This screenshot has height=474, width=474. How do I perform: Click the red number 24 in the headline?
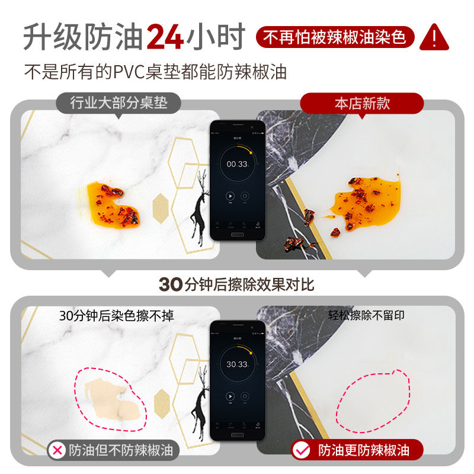[x=165, y=37]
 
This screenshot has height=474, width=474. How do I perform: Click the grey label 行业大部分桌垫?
[x=118, y=103]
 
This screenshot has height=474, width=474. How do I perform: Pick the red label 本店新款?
[x=362, y=103]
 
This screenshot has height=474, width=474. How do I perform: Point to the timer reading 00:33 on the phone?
[x=237, y=164]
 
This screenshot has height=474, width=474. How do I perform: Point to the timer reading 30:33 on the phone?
[x=237, y=364]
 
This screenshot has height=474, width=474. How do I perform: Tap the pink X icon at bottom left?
[x=57, y=450]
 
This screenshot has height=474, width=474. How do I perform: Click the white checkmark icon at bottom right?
[x=302, y=450]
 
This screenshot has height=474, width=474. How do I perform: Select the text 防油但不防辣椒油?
[x=121, y=450]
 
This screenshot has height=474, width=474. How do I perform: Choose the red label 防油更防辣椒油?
[x=363, y=450]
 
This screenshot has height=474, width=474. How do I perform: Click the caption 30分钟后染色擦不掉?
[x=117, y=316]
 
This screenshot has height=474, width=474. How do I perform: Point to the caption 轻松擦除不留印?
[x=366, y=316]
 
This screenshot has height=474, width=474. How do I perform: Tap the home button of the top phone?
[x=237, y=234]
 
